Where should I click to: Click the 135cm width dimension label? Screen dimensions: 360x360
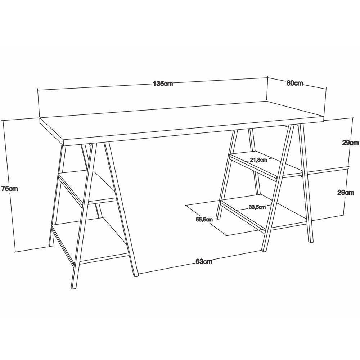163,84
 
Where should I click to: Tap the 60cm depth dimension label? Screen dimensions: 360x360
294,83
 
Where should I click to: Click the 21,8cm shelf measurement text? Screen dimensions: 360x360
258,160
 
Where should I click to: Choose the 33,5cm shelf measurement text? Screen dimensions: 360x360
257,207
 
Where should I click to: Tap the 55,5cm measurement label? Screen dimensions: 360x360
204,220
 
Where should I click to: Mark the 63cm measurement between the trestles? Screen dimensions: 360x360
204,261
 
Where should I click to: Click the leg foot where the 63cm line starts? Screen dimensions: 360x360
136,275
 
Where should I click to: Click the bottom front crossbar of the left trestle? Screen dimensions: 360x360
104,258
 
